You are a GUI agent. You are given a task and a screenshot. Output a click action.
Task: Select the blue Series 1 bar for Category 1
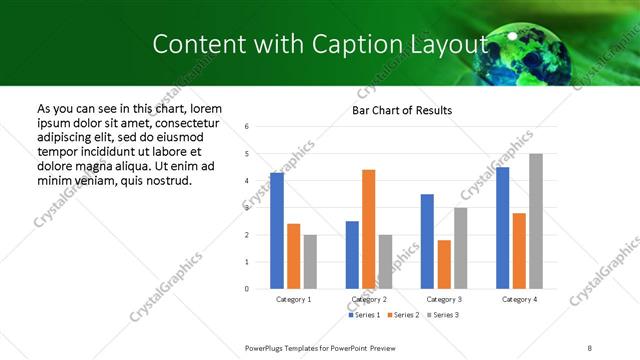(277, 231)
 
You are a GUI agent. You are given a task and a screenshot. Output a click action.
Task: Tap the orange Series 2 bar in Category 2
(368, 229)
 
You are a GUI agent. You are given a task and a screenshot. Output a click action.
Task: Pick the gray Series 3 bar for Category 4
(536, 221)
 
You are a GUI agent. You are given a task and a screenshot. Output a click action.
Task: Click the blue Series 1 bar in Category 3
(427, 241)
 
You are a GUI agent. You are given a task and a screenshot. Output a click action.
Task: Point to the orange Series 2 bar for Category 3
(444, 264)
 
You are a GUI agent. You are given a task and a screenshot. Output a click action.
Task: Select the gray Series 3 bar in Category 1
(311, 262)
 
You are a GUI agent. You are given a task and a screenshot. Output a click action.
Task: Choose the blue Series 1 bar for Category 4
(503, 228)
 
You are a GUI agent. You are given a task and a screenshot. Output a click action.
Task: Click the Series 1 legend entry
(364, 315)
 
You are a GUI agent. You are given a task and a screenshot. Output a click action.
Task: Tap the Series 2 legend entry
(403, 315)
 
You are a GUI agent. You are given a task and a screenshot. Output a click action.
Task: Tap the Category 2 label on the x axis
(369, 299)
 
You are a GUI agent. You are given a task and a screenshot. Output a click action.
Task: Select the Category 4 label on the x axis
(519, 299)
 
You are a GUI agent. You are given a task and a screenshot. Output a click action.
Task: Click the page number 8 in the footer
(590, 347)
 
